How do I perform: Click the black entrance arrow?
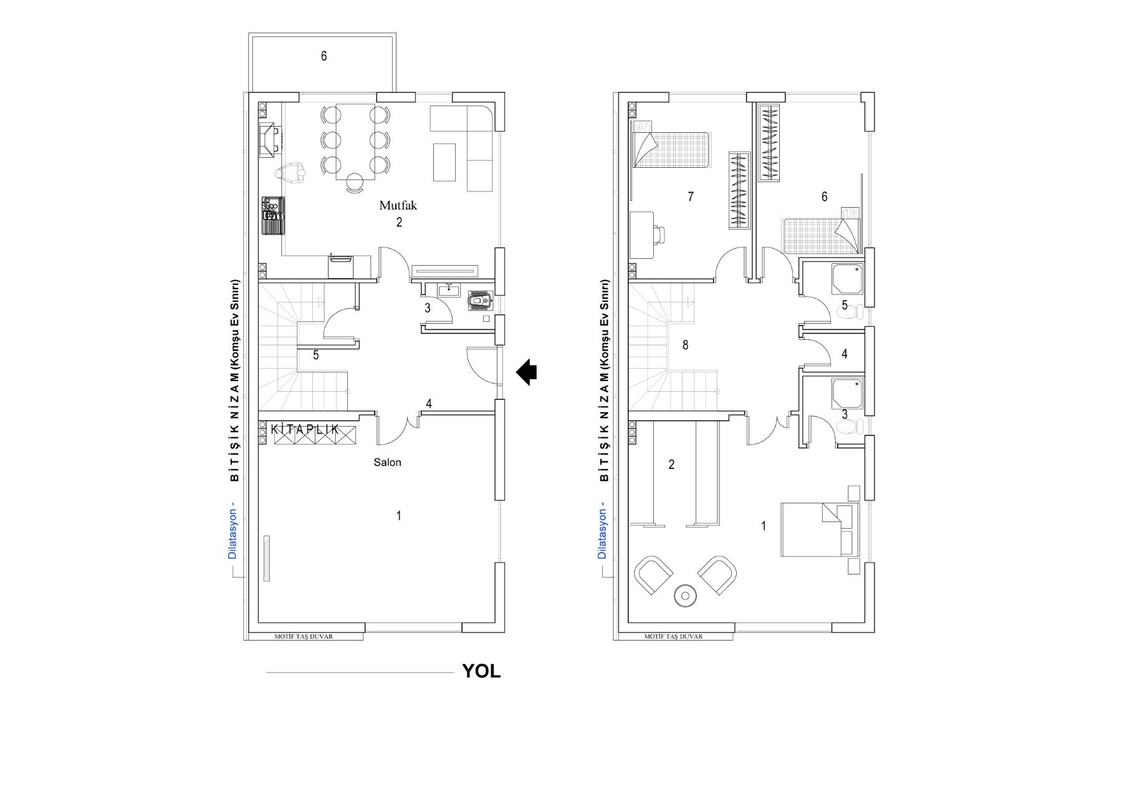(526, 372)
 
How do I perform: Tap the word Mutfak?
(398, 205)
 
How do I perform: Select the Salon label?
(387, 462)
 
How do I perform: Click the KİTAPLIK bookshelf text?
(305, 429)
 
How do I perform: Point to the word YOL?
(481, 671)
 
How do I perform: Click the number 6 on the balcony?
(324, 56)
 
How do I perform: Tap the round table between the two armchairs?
(686, 596)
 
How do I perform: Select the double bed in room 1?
(820, 530)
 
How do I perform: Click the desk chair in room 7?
(659, 235)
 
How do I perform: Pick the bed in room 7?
(671, 150)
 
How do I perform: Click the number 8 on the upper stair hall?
(685, 345)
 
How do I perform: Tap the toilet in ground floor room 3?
(479, 301)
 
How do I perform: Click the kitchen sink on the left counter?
(273, 215)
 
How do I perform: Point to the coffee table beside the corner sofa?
(444, 162)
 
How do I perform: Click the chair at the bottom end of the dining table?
(355, 182)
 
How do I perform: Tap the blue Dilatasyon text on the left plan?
(232, 530)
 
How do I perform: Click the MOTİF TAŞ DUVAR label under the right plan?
(673, 637)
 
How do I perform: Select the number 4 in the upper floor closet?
(845, 354)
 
